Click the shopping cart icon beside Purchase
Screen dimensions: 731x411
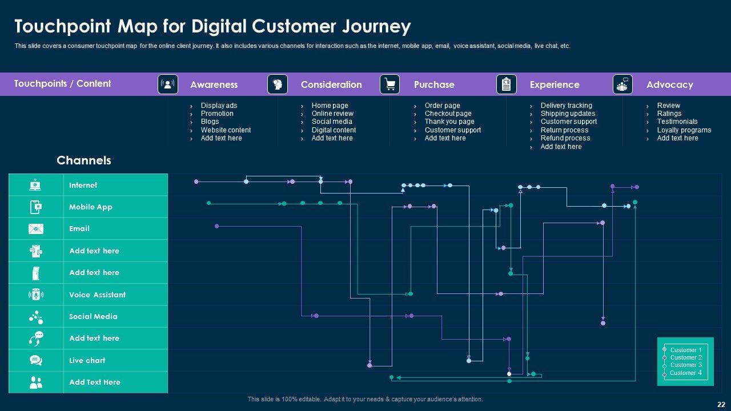[389, 84]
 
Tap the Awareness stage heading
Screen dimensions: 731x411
[214, 84]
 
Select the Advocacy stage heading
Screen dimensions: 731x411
[670, 84]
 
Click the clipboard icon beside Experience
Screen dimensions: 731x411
[506, 84]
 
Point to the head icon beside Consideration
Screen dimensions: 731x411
[278, 84]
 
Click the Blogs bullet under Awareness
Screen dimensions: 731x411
[210, 122]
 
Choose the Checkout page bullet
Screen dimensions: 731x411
[448, 114]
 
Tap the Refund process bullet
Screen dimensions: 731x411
[565, 138]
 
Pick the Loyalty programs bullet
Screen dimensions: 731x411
[684, 130]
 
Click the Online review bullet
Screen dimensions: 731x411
[332, 114]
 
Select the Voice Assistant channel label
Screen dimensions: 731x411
[97, 295]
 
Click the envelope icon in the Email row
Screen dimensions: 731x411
[36, 229]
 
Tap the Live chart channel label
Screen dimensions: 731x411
[87, 360]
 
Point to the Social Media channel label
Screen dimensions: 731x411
[93, 316]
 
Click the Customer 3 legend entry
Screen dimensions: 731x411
[686, 365]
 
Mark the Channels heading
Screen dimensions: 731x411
[84, 160]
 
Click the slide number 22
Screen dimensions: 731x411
[721, 405]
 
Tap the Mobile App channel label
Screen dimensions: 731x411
[91, 207]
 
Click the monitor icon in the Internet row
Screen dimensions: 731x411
[35, 185]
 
